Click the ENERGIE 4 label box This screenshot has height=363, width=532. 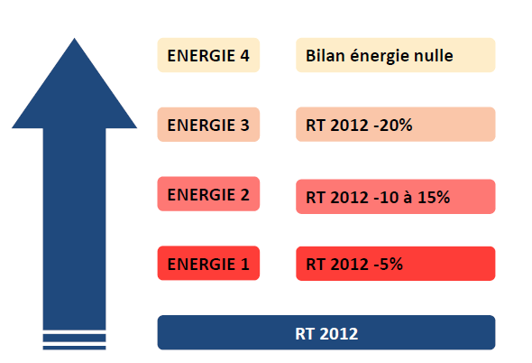[208, 55]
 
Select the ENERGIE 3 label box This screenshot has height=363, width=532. [208, 125]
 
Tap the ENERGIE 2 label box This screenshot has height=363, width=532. [208, 194]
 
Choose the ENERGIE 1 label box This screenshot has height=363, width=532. [208, 263]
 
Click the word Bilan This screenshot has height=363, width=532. [326, 55]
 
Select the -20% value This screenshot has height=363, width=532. [393, 126]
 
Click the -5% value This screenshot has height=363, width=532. [388, 264]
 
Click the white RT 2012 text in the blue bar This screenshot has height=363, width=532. [326, 333]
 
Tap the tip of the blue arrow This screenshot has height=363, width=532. [74, 39]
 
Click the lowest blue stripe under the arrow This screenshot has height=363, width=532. [74, 348]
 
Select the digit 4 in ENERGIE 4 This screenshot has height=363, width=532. [244, 56]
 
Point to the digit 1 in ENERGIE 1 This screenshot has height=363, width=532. [245, 264]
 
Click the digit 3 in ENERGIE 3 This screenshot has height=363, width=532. [244, 126]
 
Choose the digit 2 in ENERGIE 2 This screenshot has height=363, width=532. [244, 194]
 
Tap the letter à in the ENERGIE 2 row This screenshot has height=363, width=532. [408, 197]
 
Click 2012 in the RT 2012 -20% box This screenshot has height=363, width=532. [350, 126]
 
